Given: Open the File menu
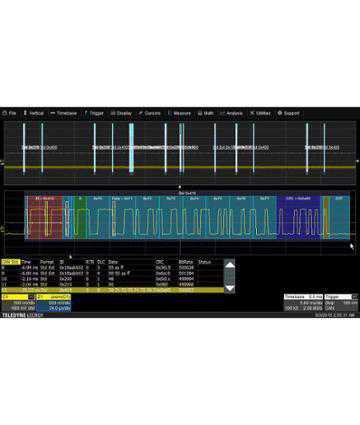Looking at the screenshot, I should pyautogui.click(x=12, y=113).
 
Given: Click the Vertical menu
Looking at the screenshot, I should pyautogui.click(x=35, y=113).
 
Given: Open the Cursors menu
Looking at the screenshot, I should pyautogui.click(x=152, y=113).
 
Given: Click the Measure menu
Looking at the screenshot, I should pyautogui.click(x=182, y=113).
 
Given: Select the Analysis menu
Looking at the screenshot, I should pyautogui.click(x=234, y=113).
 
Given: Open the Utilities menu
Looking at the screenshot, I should pyautogui.click(x=262, y=113).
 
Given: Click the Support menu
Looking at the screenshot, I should pyautogui.click(x=291, y=113).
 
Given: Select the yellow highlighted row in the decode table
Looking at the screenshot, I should pyautogui.click(x=120, y=288).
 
